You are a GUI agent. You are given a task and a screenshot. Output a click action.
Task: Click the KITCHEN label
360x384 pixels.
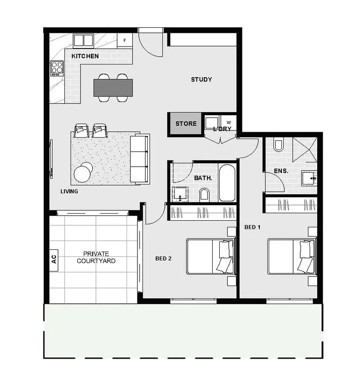click(85, 56)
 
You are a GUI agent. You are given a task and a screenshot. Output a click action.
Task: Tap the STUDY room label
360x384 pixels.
click(201, 80)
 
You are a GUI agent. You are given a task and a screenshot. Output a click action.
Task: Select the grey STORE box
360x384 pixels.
click(186, 124)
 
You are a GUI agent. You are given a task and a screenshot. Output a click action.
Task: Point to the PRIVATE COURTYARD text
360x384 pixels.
click(96, 257)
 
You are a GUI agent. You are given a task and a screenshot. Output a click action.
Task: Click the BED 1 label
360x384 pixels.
click(252, 227)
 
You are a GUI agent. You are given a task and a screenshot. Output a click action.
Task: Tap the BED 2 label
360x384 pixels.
click(163, 258)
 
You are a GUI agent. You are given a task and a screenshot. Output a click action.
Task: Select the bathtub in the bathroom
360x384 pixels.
click(227, 183)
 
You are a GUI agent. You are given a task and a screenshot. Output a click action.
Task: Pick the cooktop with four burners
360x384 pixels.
click(57, 68)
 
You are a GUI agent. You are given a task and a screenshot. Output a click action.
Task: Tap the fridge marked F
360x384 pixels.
click(125, 40)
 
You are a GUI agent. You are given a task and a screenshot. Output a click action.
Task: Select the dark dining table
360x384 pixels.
click(113, 88)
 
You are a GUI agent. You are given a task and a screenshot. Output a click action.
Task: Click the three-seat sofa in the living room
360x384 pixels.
click(139, 159)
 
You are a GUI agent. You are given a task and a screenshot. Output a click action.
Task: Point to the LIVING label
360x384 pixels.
click(69, 192)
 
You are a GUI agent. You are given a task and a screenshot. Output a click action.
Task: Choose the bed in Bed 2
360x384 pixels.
click(210, 256)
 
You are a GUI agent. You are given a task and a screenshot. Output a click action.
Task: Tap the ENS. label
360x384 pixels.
click(280, 171)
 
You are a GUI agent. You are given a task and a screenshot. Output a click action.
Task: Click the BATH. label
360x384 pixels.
click(203, 178)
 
